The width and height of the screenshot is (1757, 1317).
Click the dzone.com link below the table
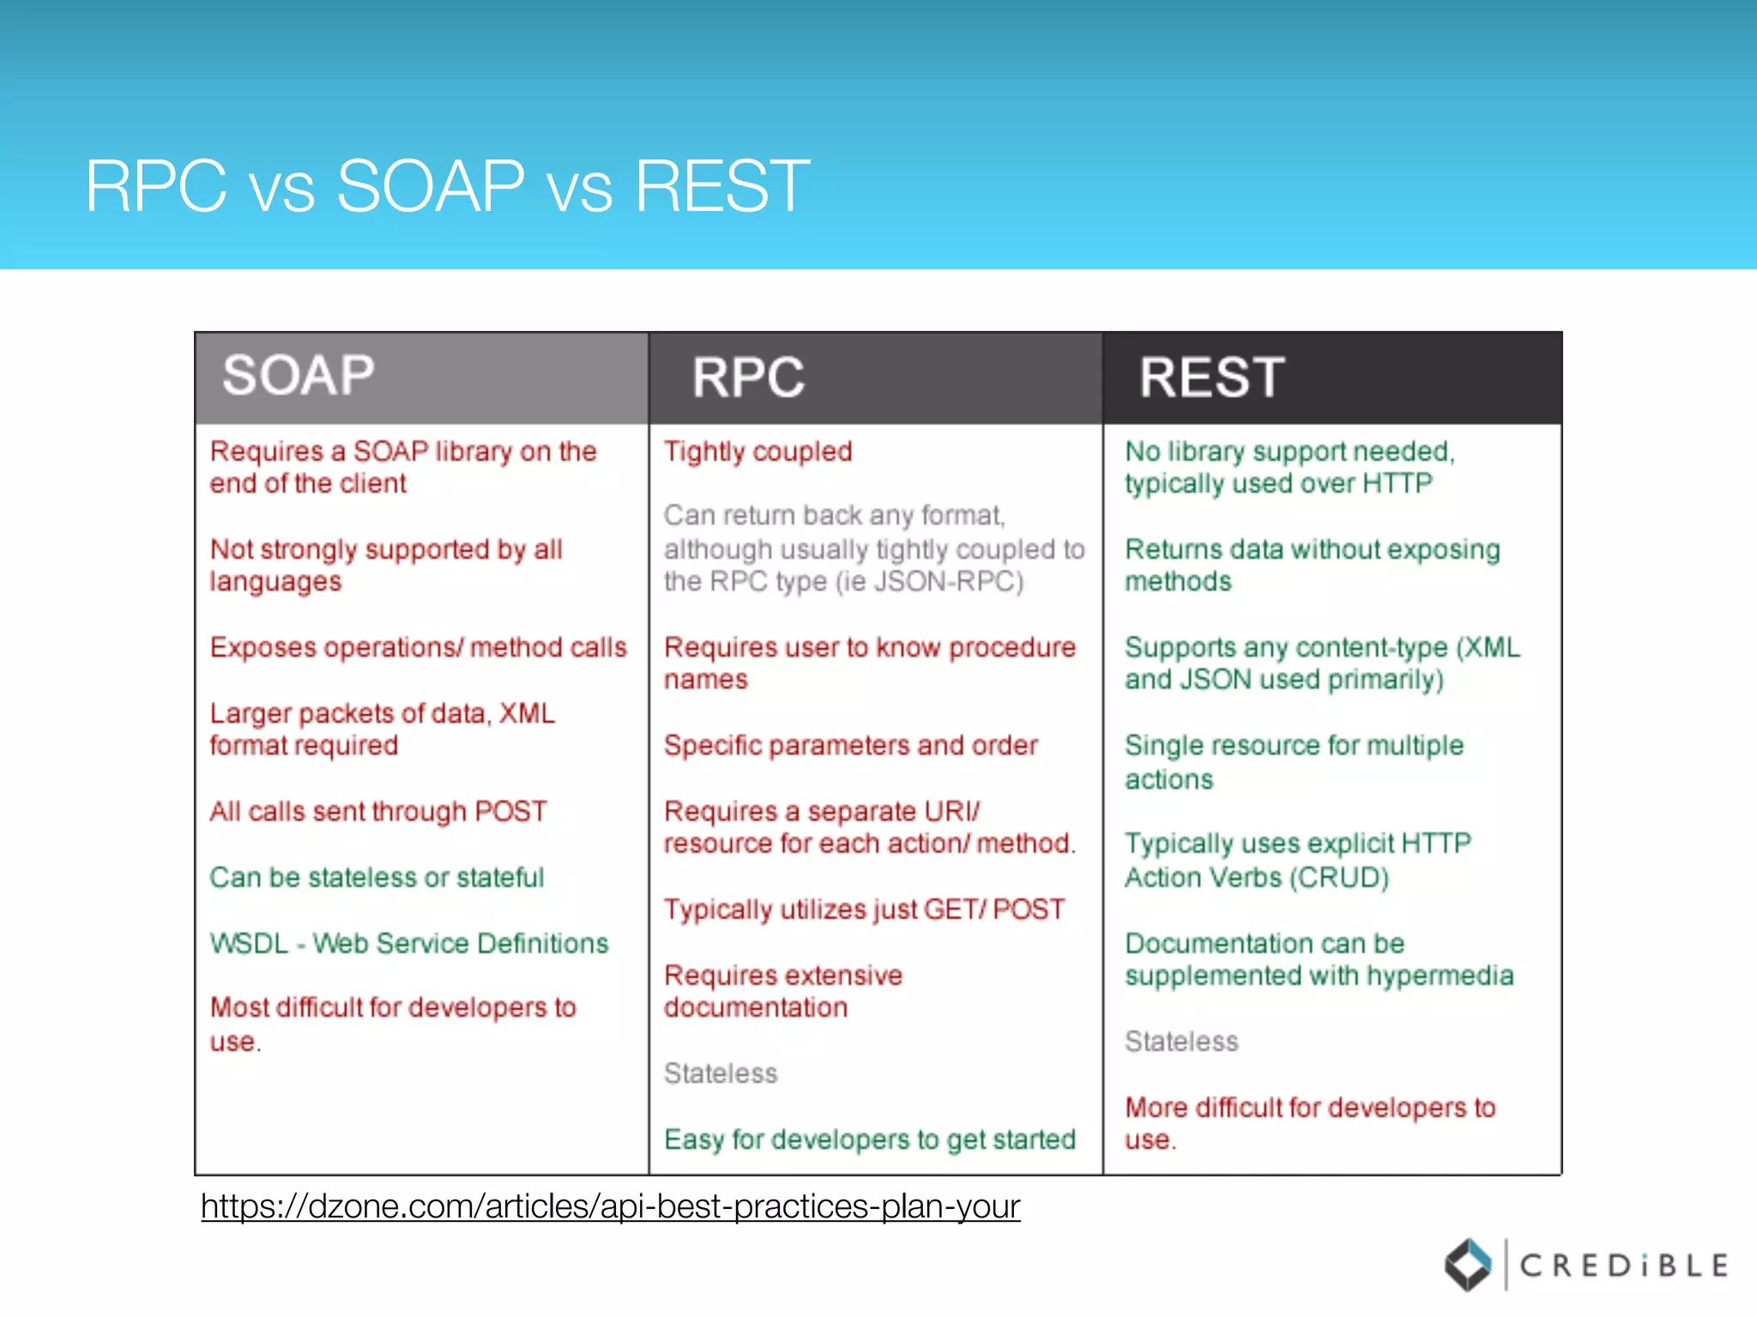610,1206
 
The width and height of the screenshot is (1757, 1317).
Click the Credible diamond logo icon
1468,1265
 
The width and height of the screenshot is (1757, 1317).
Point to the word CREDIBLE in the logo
1623,1266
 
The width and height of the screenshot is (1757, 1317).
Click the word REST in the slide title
722,186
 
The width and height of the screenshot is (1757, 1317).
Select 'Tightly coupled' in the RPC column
758,451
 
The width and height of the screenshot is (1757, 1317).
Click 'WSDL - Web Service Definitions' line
409,943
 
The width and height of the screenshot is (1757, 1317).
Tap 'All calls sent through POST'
378,811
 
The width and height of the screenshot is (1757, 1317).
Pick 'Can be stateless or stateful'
377,877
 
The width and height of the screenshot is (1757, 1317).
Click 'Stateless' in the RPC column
721,1073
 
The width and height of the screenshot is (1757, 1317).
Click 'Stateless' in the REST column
1181,1041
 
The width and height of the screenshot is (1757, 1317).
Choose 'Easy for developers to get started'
869,1140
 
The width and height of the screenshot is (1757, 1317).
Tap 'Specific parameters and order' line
850,745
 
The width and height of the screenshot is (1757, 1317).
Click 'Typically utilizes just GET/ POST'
864,909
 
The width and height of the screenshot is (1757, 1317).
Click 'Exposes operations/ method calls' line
418,647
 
